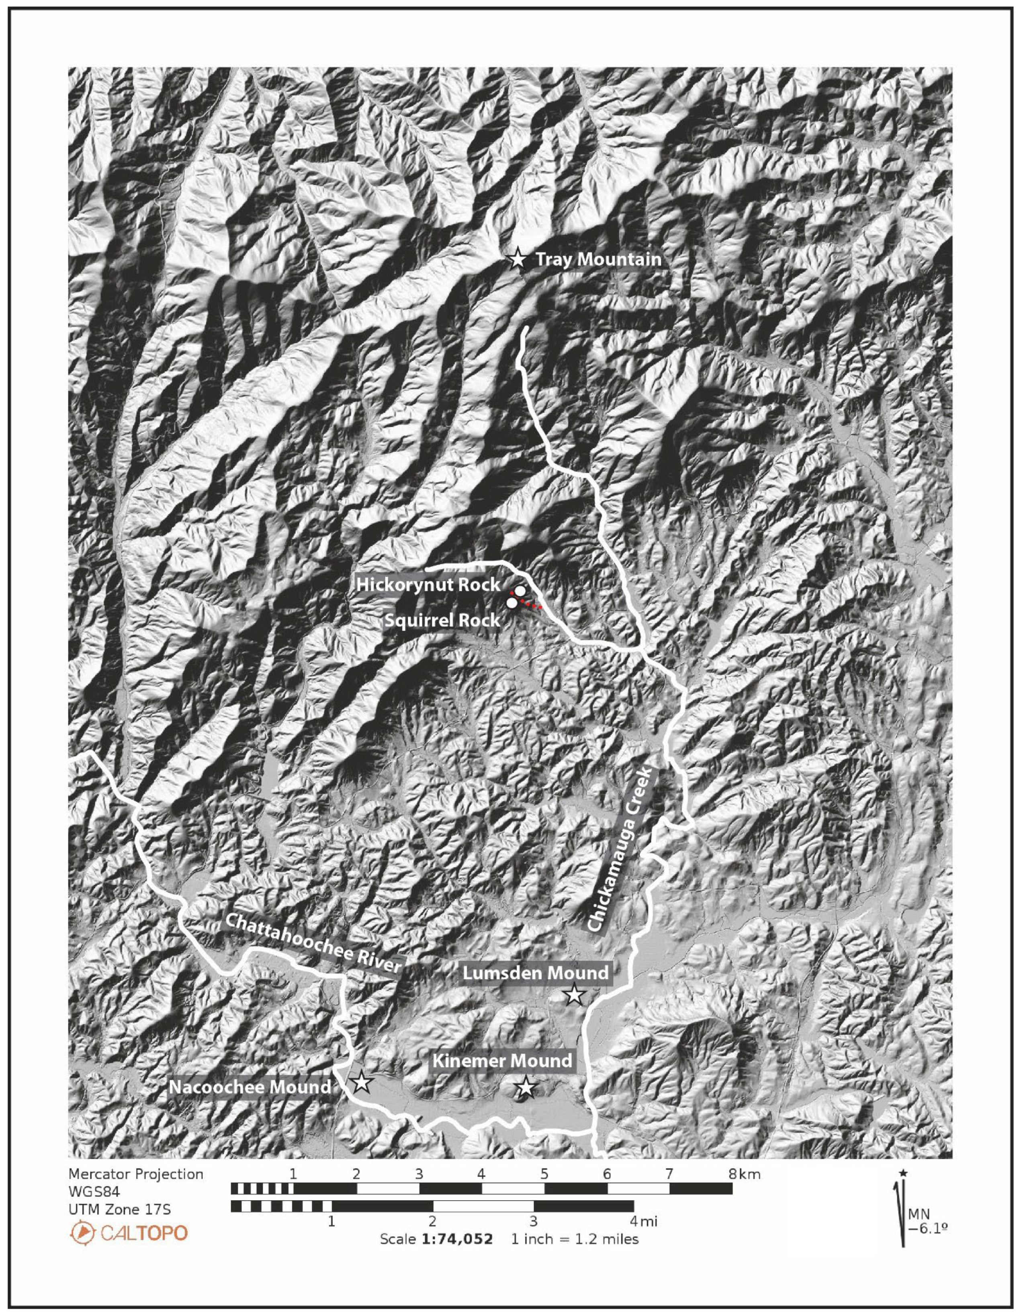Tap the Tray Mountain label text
[598, 260]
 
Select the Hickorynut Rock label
[428, 584]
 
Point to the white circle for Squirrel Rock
[511, 603]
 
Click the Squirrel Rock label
[443, 620]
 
